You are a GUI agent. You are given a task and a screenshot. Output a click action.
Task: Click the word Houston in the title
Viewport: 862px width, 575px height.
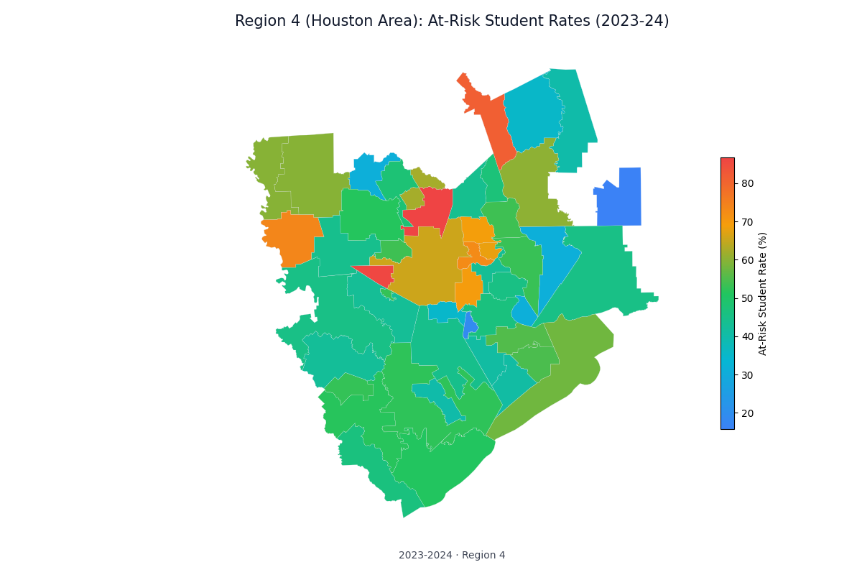click(337, 22)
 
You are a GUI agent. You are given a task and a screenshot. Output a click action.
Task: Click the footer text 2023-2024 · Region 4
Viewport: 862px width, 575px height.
click(452, 555)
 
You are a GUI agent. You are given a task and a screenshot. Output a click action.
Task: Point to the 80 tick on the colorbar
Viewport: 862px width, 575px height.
click(747, 183)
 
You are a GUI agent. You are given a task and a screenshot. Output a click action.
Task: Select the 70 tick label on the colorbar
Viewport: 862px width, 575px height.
click(747, 221)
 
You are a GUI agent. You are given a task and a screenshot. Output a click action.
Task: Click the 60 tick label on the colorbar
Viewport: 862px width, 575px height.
click(747, 260)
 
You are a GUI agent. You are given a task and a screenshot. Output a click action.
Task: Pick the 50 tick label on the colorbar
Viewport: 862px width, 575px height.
click(747, 298)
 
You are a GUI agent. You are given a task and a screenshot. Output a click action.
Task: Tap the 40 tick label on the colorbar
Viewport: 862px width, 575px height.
click(747, 336)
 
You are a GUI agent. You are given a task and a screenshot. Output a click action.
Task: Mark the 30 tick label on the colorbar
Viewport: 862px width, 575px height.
click(747, 375)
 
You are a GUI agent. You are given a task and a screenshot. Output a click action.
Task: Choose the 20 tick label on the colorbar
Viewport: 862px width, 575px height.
click(747, 413)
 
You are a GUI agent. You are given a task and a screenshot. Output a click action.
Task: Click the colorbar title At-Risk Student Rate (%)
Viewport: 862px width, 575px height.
click(763, 293)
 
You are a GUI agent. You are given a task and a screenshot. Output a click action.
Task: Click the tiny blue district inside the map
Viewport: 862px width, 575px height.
click(470, 326)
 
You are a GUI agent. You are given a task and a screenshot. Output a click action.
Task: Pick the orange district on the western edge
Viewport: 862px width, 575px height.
click(293, 237)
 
